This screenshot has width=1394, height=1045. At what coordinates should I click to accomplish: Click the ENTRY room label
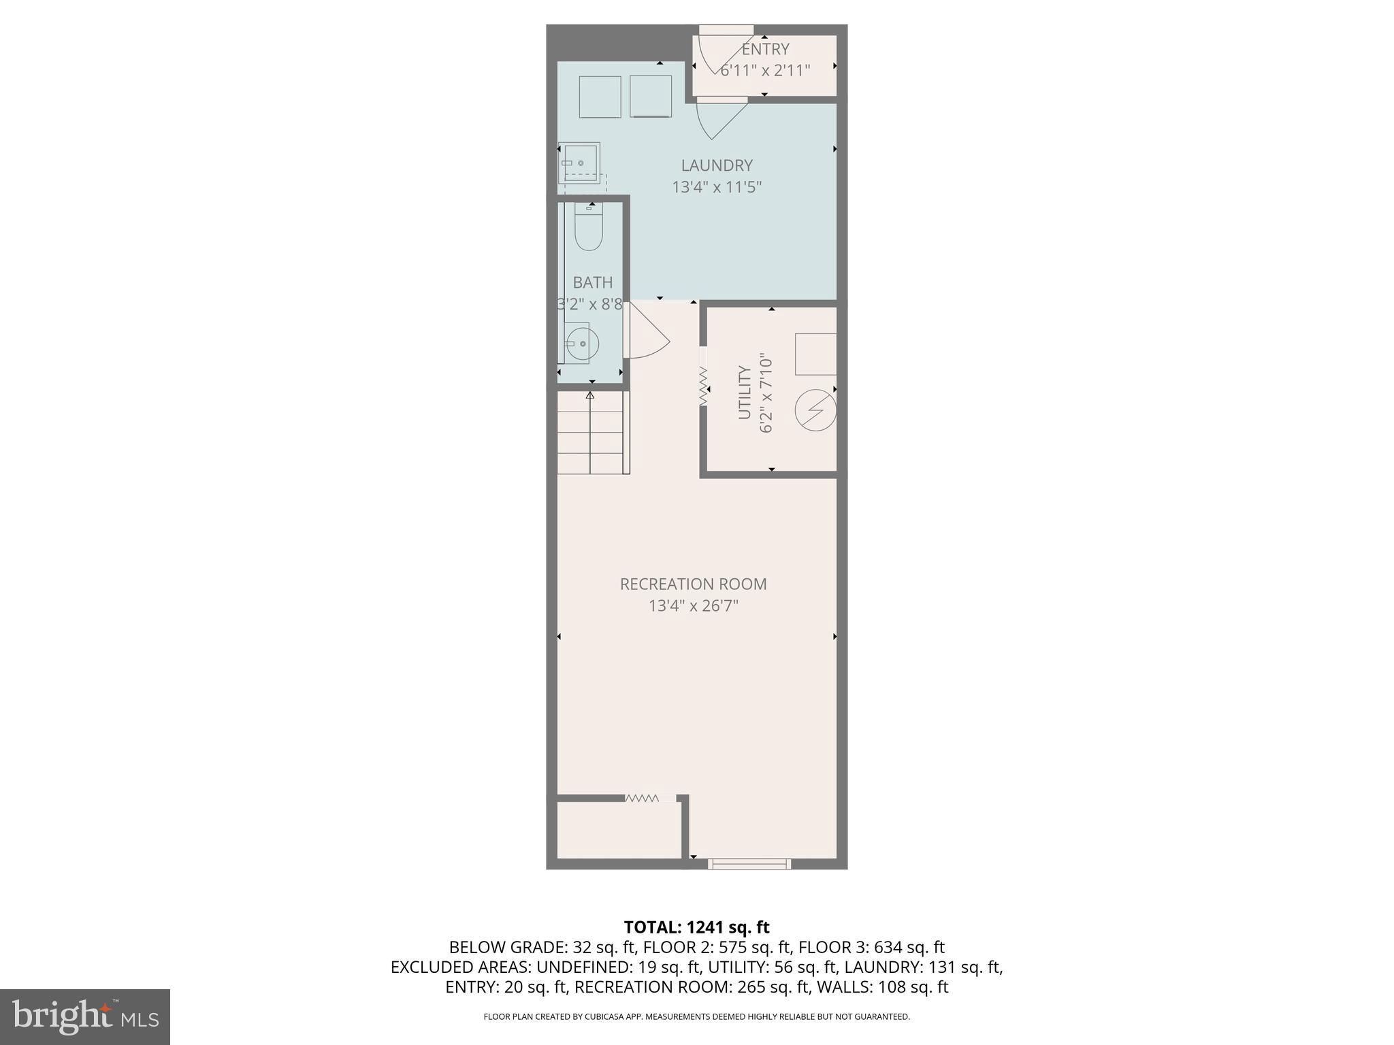click(x=765, y=49)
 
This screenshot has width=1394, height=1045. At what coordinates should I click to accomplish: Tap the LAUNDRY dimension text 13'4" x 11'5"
click(x=716, y=187)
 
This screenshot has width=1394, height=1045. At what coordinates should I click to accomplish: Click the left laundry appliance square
click(x=600, y=97)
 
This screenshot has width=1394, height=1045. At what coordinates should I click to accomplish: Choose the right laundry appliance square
click(x=650, y=97)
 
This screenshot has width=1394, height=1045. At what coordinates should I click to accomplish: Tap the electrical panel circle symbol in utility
click(x=815, y=410)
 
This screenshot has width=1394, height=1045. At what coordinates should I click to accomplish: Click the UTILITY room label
click(x=745, y=393)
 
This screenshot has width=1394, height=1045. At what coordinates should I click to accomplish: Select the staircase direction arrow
click(x=590, y=395)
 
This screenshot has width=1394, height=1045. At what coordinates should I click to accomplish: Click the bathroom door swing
click(x=647, y=333)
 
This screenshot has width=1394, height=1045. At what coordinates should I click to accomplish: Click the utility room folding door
click(x=703, y=386)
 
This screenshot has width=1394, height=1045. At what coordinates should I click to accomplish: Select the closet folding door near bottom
click(x=643, y=798)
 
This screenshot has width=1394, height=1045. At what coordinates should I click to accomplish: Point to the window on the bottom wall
click(x=749, y=864)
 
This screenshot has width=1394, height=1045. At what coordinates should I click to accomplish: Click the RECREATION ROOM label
click(x=693, y=584)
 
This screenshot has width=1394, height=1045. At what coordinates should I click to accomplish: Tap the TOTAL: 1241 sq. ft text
click(x=696, y=927)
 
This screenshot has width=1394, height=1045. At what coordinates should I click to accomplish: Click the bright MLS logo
click(x=85, y=1016)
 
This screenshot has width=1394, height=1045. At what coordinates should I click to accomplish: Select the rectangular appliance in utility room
click(x=815, y=354)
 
